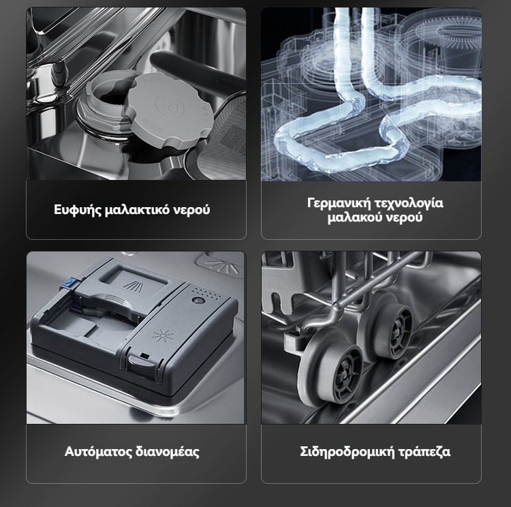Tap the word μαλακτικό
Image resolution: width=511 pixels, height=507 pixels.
[137, 210]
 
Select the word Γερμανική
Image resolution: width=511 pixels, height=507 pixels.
[339, 204]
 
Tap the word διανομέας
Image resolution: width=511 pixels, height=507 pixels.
[167, 452]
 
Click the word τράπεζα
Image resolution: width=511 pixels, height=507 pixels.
[423, 452]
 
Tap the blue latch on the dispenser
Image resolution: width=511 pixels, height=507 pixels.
[68, 282]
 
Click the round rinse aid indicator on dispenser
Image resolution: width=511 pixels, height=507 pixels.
[198, 301]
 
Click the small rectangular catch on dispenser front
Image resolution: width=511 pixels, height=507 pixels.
[144, 356]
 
